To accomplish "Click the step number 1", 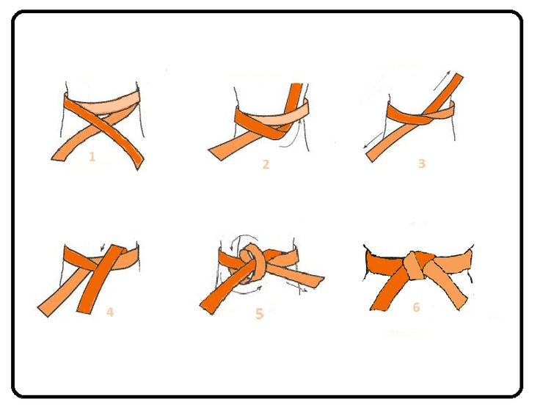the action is point(92,157).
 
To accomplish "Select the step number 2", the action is point(266,164).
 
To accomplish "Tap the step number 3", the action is point(422,163).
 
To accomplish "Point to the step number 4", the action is point(110,312).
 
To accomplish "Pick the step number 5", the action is point(259,314).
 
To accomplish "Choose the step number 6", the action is point(416,307).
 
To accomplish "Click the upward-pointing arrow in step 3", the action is point(442,80).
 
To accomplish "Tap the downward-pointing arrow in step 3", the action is point(373,141).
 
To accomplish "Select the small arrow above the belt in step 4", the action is point(102,247).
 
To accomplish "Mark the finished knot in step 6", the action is point(419,265).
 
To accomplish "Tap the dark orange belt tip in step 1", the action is point(139,163).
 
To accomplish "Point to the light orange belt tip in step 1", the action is point(59,155).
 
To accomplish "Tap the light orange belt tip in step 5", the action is point(318,282).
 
